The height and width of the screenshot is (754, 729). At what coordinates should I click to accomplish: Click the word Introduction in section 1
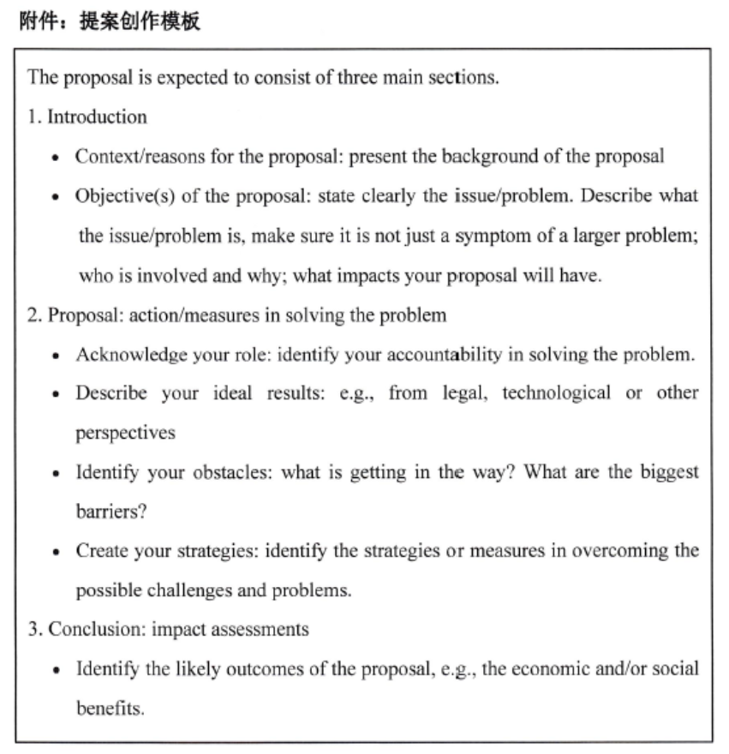pos(97,117)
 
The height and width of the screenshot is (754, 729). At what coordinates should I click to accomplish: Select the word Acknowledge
pos(124,355)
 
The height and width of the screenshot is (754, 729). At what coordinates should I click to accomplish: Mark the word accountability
pos(448,355)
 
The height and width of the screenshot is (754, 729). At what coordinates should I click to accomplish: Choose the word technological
pos(556,393)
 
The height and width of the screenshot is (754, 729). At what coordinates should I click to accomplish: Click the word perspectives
pos(125,434)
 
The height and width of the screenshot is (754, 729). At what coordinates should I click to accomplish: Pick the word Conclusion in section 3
pos(95,630)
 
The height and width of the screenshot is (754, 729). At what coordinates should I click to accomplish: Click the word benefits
pos(110,709)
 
